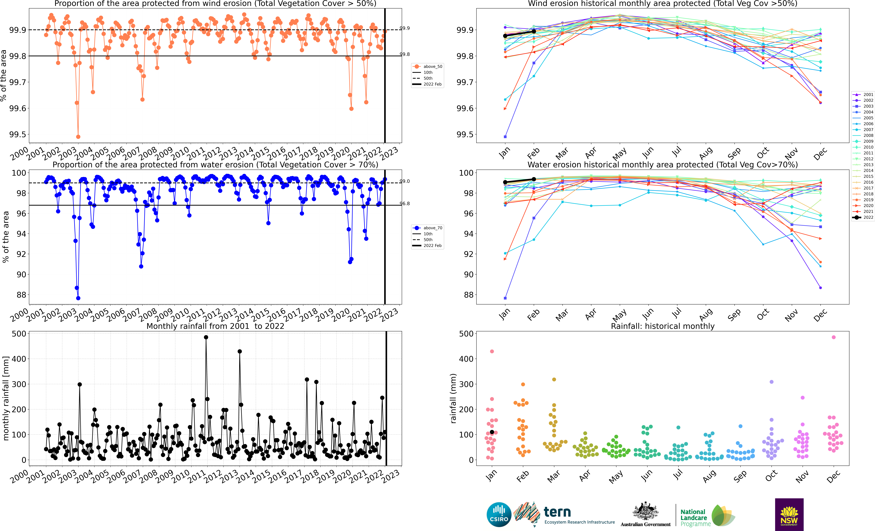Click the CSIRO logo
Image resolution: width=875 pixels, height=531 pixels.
499,514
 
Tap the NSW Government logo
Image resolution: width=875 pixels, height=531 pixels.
789,514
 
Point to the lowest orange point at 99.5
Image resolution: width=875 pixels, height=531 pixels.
78,137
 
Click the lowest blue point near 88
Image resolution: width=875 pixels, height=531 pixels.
78,298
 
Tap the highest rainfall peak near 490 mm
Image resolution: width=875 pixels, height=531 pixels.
206,337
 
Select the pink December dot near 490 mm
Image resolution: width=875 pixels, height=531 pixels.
834,337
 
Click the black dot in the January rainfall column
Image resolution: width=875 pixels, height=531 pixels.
492,432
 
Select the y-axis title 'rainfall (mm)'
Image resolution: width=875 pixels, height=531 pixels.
453,399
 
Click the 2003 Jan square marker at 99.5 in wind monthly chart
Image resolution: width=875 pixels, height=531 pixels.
505,137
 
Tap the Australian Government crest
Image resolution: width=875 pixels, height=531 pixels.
645,511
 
